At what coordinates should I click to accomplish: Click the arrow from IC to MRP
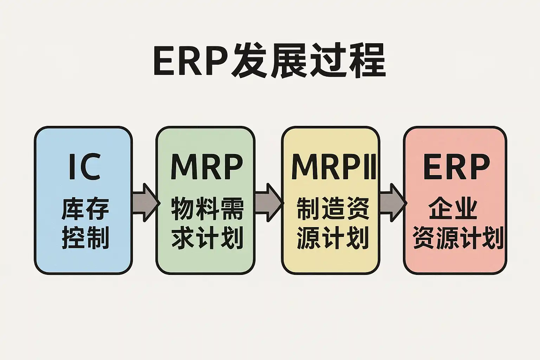[x=144, y=202]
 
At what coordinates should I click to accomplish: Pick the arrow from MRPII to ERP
[x=392, y=202]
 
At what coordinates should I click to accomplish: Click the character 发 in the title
[x=250, y=60]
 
